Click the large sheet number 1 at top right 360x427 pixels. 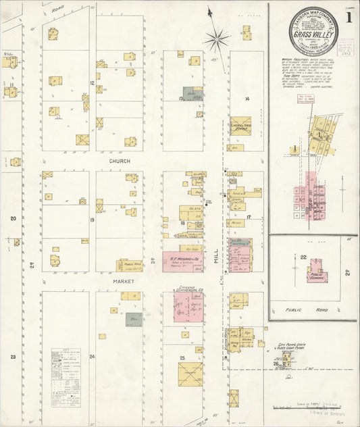(348, 14)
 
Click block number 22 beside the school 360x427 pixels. (303, 257)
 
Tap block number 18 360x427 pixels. (182, 223)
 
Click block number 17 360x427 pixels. (248, 217)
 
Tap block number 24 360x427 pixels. (92, 356)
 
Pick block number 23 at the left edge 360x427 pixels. (13, 356)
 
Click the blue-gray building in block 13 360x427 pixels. (192, 94)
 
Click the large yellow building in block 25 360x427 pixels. (190, 374)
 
